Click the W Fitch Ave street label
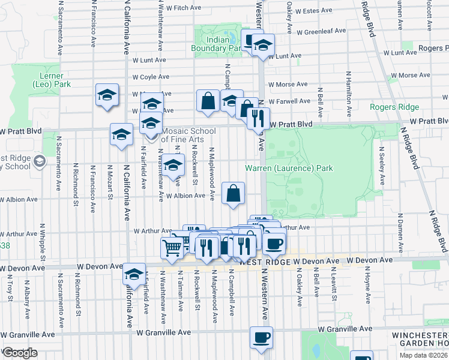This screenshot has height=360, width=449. (x=184, y=8)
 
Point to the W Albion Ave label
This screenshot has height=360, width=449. (x=186, y=196)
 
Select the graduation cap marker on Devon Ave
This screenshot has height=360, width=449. (x=134, y=274)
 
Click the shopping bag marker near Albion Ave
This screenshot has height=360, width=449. (x=234, y=193)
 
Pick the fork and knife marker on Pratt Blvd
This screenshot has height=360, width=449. (x=259, y=118)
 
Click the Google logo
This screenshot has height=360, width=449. (x=20, y=353)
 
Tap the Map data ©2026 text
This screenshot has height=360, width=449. (x=423, y=355)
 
